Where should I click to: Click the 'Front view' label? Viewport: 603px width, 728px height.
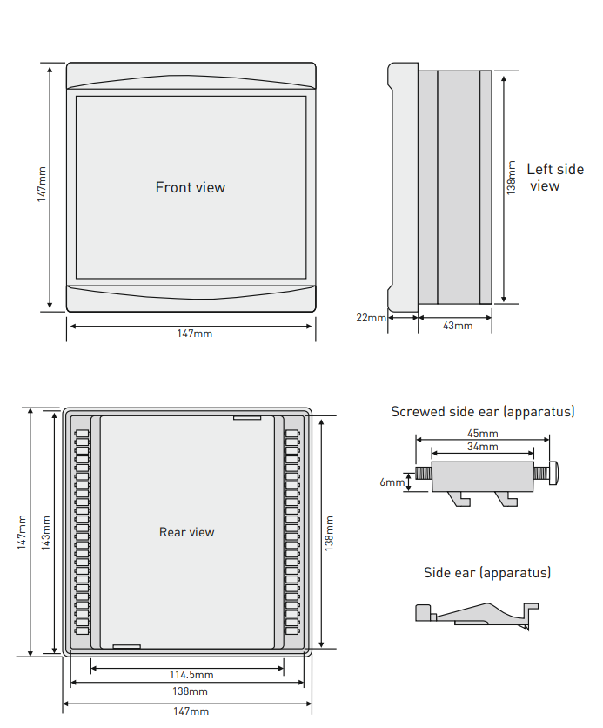click(190, 187)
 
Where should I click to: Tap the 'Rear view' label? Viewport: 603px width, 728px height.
click(186, 532)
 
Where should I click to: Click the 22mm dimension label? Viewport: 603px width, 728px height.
click(371, 318)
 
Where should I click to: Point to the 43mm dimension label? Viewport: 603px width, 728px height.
click(458, 326)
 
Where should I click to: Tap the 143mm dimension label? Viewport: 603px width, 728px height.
click(45, 532)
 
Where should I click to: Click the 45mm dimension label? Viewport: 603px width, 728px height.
click(483, 434)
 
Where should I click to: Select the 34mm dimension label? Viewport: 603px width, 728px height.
click(483, 447)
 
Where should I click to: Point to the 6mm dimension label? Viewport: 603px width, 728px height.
click(391, 482)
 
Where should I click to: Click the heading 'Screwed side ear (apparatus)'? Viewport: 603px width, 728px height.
click(483, 412)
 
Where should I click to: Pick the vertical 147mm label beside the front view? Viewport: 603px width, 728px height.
click(42, 185)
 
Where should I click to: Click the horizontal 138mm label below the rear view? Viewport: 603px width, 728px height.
click(191, 691)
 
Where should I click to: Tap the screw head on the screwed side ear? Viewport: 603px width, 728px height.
click(553, 475)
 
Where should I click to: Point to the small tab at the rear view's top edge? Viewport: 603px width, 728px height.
click(247, 417)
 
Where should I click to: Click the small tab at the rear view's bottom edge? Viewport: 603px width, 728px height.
click(126, 646)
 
